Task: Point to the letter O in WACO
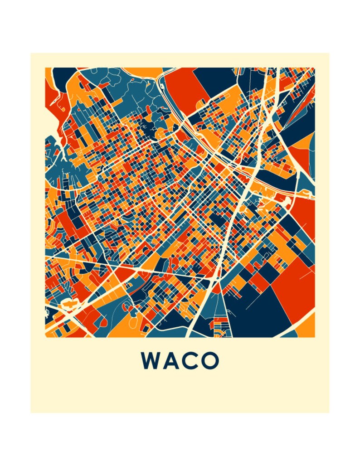pyautogui.click(x=209, y=361)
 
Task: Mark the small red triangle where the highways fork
pyautogui.click(x=217, y=288)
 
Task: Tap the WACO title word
pyautogui.click(x=180, y=361)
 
